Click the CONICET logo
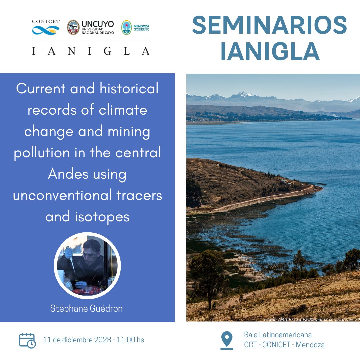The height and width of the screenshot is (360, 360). [46, 27]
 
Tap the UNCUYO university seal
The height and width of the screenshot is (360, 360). [73, 27]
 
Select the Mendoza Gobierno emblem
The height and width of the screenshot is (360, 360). [126, 27]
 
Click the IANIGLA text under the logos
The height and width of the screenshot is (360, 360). [91, 51]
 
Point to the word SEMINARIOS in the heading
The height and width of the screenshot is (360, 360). [269, 26]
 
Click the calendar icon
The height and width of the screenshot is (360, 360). [27, 340]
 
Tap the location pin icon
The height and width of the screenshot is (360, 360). [227, 339]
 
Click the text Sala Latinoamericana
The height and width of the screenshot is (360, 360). [278, 335]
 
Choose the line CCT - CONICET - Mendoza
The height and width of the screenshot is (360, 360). [284, 345]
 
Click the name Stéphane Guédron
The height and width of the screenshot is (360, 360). [86, 309]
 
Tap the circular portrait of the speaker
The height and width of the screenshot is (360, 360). [87, 265]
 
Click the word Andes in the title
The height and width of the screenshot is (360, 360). [69, 174]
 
